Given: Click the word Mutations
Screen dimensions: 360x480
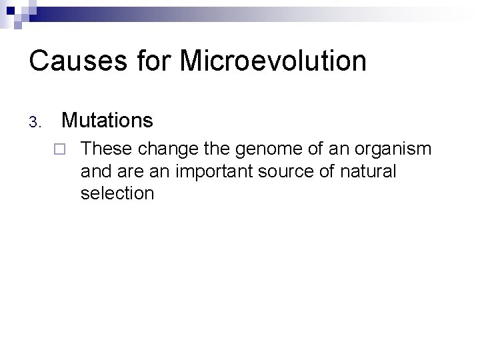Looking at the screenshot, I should click(x=107, y=121).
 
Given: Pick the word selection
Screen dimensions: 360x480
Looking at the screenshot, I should click(x=117, y=194).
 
